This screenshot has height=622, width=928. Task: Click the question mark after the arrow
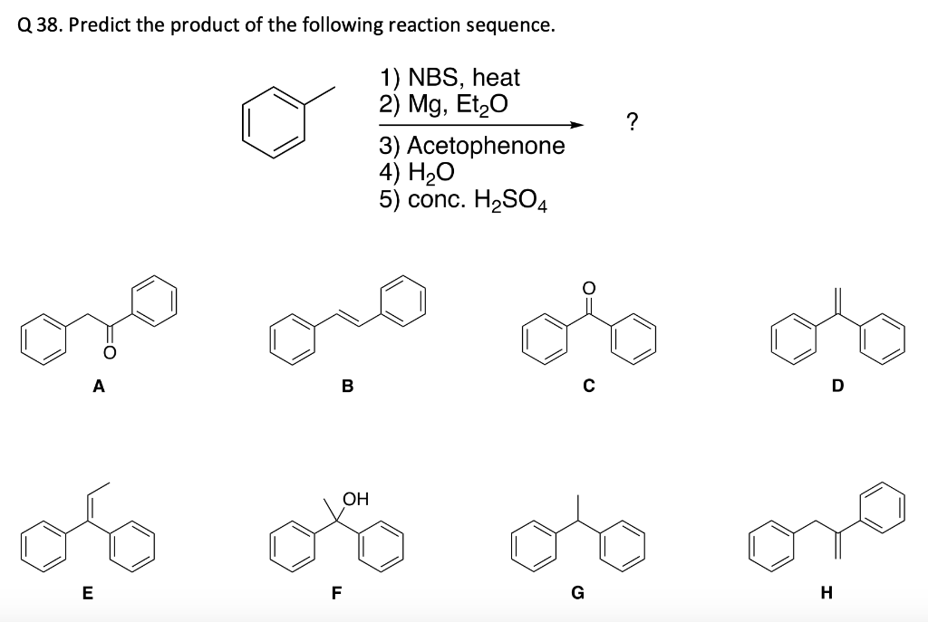(x=633, y=122)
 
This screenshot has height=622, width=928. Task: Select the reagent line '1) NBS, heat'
(x=449, y=78)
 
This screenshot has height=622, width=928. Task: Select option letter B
(x=347, y=388)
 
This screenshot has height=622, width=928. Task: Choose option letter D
(x=837, y=388)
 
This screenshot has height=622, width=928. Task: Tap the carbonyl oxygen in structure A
(x=109, y=351)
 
